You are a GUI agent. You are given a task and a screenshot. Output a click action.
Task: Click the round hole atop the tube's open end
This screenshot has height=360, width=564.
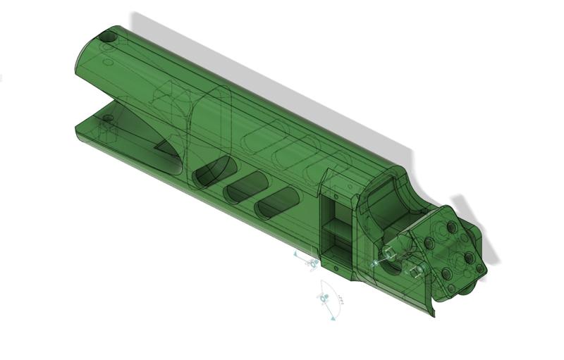click(109, 35)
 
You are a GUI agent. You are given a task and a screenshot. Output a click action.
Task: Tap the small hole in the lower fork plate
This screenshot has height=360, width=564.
click(107, 118)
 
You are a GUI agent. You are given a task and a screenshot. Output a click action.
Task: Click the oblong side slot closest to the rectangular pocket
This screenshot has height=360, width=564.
click(277, 206)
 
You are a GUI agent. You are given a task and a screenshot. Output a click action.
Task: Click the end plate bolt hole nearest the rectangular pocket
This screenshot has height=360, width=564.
click(428, 242)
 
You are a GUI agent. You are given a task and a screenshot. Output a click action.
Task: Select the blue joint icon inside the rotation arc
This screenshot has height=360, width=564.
click(324, 299)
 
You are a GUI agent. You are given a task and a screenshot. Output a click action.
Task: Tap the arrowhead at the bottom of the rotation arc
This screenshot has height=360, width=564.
click(332, 318)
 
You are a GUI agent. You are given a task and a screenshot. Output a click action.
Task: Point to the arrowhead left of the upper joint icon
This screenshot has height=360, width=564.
click(295, 252)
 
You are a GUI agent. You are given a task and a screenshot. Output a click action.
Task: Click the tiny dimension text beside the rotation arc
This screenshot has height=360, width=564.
click(341, 300)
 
